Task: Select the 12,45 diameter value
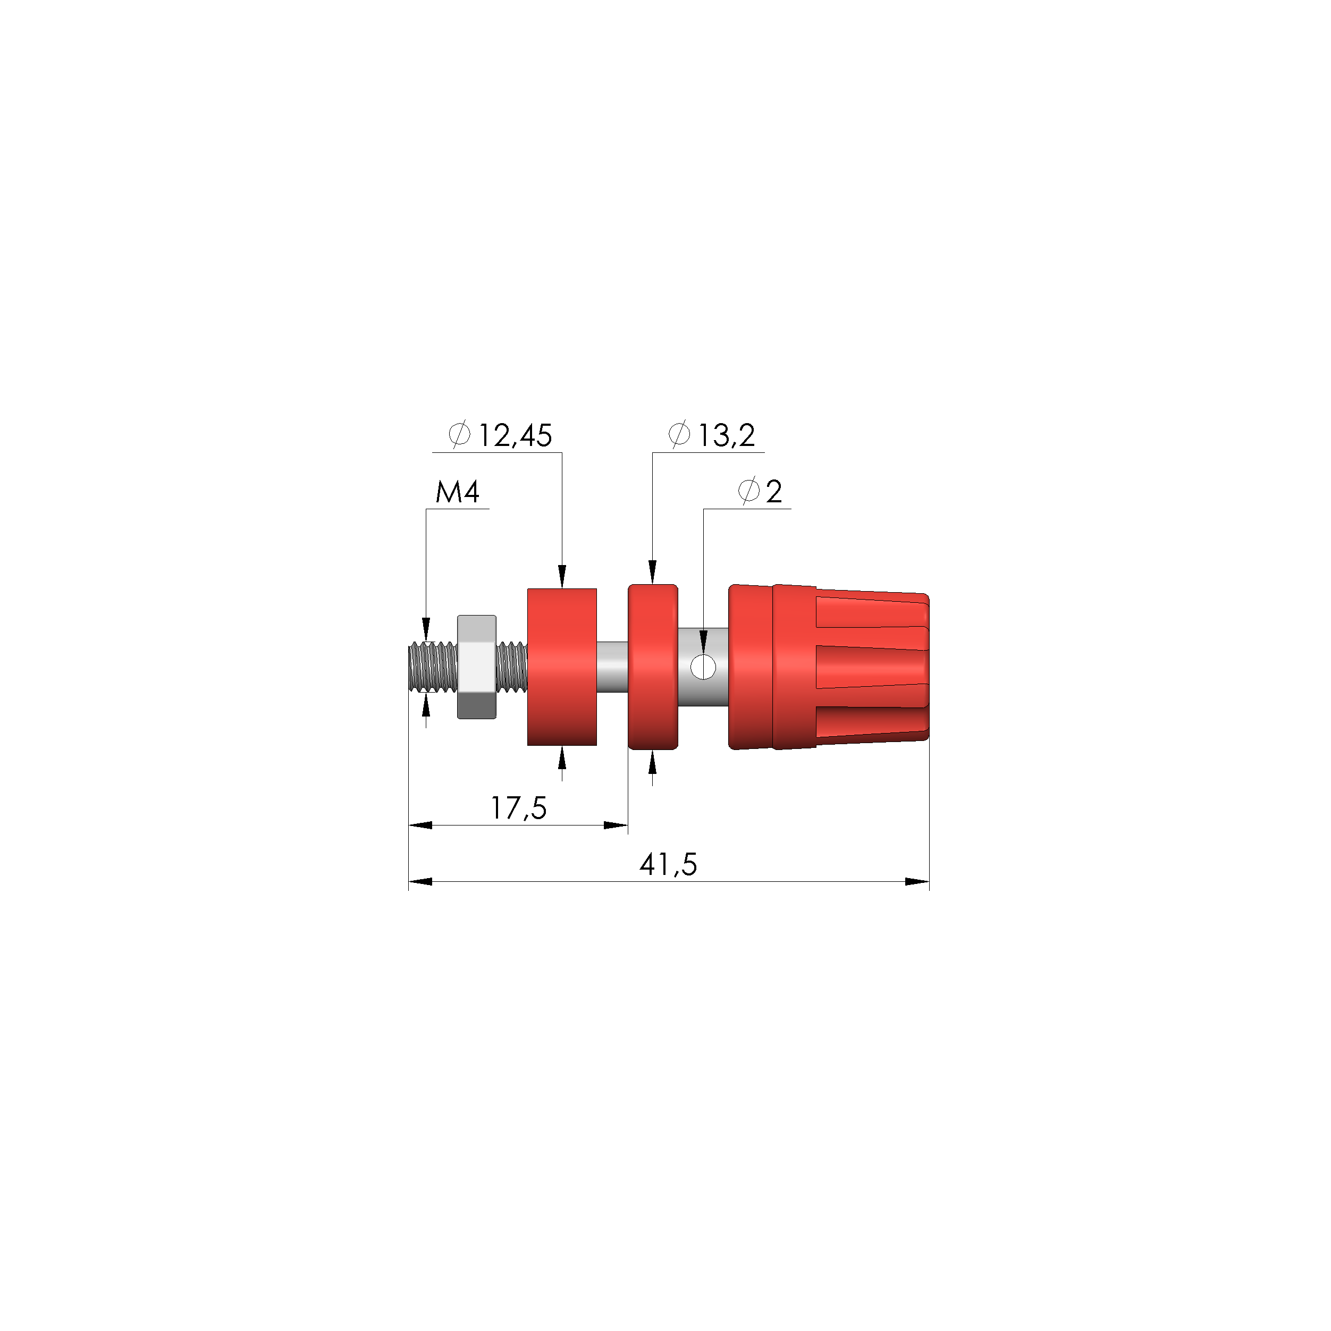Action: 515,435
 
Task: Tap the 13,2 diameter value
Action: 726,435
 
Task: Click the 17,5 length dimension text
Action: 518,808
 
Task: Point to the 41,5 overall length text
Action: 668,865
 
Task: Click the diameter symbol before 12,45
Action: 459,435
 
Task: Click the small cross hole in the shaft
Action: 703,667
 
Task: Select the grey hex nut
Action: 477,667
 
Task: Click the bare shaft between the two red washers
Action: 612,667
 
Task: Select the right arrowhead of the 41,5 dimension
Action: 917,882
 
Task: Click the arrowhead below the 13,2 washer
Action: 652,763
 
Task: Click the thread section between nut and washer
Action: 511,667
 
